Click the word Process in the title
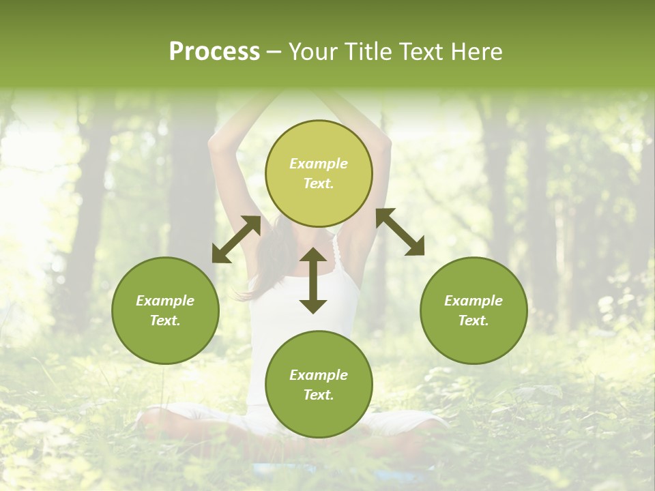pyautogui.click(x=214, y=52)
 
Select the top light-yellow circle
pyautogui.click(x=319, y=173)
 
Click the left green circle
pyautogui.click(x=165, y=310)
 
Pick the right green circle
pyautogui.click(x=474, y=310)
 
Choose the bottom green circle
pyautogui.click(x=319, y=385)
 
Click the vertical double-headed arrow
pyautogui.click(x=313, y=281)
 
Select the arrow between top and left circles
pyautogui.click(x=236, y=239)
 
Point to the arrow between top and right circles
pyautogui.click(x=400, y=232)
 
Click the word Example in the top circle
pyautogui.click(x=319, y=164)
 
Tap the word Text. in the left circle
pyautogui.click(x=165, y=321)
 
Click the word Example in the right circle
pyautogui.click(x=474, y=301)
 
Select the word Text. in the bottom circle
pyautogui.click(x=319, y=395)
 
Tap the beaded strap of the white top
pyautogui.click(x=336, y=252)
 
